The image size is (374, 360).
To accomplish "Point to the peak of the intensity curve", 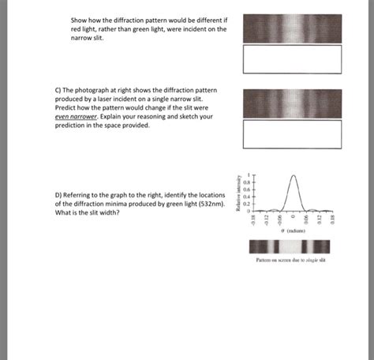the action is click(x=294, y=174).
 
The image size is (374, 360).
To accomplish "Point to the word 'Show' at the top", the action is click(x=79, y=19).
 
